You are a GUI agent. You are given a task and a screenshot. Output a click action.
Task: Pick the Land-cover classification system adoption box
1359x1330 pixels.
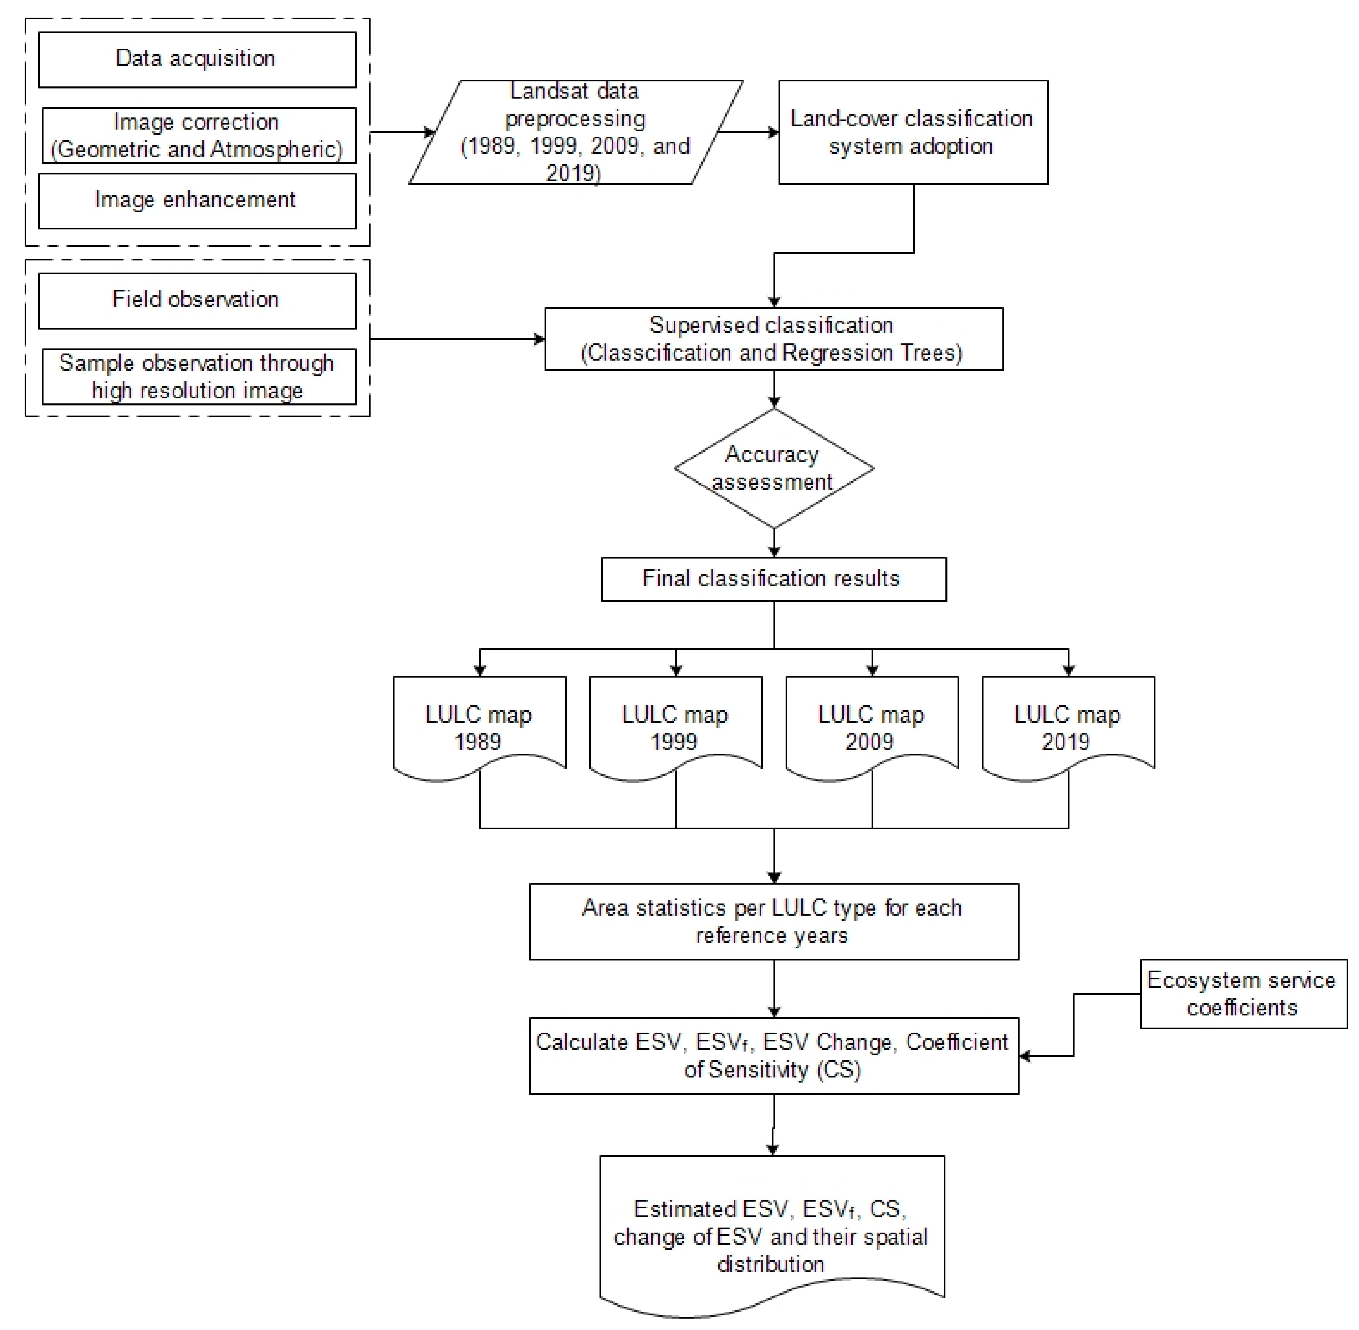(913, 132)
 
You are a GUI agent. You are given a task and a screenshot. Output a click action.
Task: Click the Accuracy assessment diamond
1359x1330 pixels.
(773, 468)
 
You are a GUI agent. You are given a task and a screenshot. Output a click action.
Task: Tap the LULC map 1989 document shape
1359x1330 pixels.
(479, 727)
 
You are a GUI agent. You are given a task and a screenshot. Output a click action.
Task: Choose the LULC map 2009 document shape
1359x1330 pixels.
(872, 727)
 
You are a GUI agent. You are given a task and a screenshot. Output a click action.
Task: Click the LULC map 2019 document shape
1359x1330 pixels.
(1068, 727)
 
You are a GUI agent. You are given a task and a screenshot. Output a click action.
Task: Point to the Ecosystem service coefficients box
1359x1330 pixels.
(1243, 993)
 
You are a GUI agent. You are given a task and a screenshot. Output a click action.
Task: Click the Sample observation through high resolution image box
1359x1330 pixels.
(198, 377)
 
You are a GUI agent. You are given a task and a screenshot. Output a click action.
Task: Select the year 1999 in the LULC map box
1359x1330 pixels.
(674, 742)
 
